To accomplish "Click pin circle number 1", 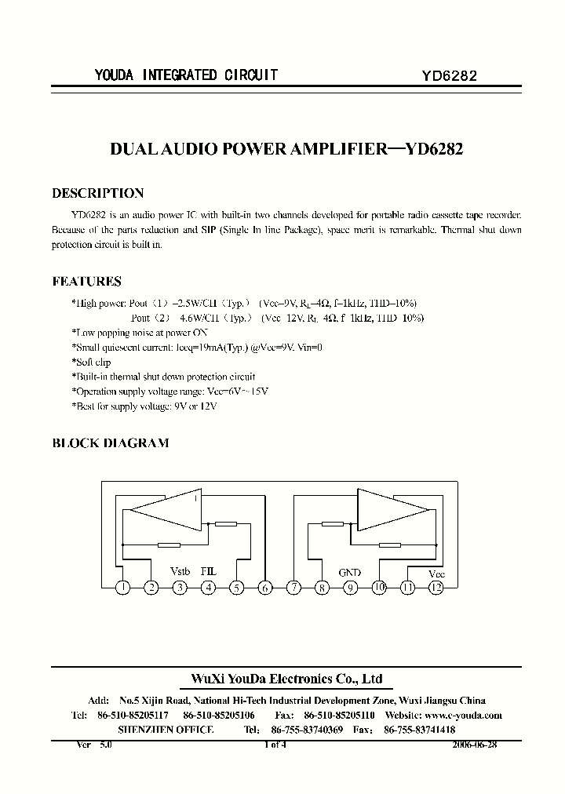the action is (123, 587).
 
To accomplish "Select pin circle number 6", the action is (265, 587).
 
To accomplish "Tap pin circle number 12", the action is (436, 587).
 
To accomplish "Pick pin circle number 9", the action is (351, 587).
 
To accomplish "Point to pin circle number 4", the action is (209, 587).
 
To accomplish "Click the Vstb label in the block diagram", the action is (180, 572).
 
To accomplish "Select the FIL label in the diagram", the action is (208, 572).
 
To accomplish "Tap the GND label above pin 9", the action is (350, 573).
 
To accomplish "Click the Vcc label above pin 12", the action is (436, 574).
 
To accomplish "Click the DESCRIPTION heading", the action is (97, 193).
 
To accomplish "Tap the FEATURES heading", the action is (86, 281).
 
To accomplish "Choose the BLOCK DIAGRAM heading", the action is (110, 443).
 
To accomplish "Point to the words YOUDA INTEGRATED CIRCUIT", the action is (185, 75).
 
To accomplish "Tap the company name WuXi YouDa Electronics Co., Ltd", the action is (287, 679).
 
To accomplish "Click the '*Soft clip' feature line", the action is (91, 362).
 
